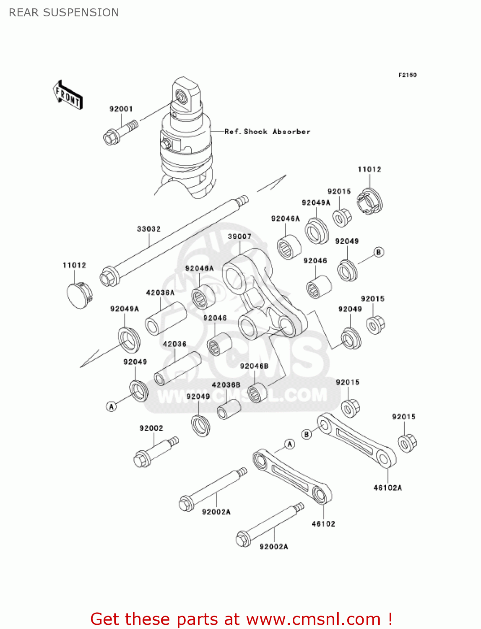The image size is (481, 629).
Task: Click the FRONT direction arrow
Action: pos(68,95)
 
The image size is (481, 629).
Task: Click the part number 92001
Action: pos(121,109)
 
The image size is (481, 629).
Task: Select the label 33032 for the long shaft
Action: pos(148,229)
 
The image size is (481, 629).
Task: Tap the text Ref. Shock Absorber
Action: pos(267,132)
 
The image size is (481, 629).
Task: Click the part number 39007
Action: pos(239,237)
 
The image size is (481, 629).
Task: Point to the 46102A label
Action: pos(387,488)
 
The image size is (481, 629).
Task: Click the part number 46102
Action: pos(323,524)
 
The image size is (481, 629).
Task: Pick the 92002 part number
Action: pos(151,428)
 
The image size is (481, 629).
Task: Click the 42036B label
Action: pos(226,385)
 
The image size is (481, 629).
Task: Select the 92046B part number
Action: pos(254,366)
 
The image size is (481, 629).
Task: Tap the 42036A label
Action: pos(160,293)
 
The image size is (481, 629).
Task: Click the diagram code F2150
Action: pos(407,75)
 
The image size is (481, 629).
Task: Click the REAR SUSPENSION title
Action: pos(64,13)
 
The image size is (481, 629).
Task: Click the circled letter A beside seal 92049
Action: pos(111,406)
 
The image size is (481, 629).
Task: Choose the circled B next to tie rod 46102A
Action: pos(307,434)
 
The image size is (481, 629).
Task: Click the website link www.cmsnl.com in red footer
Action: pos(313,619)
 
